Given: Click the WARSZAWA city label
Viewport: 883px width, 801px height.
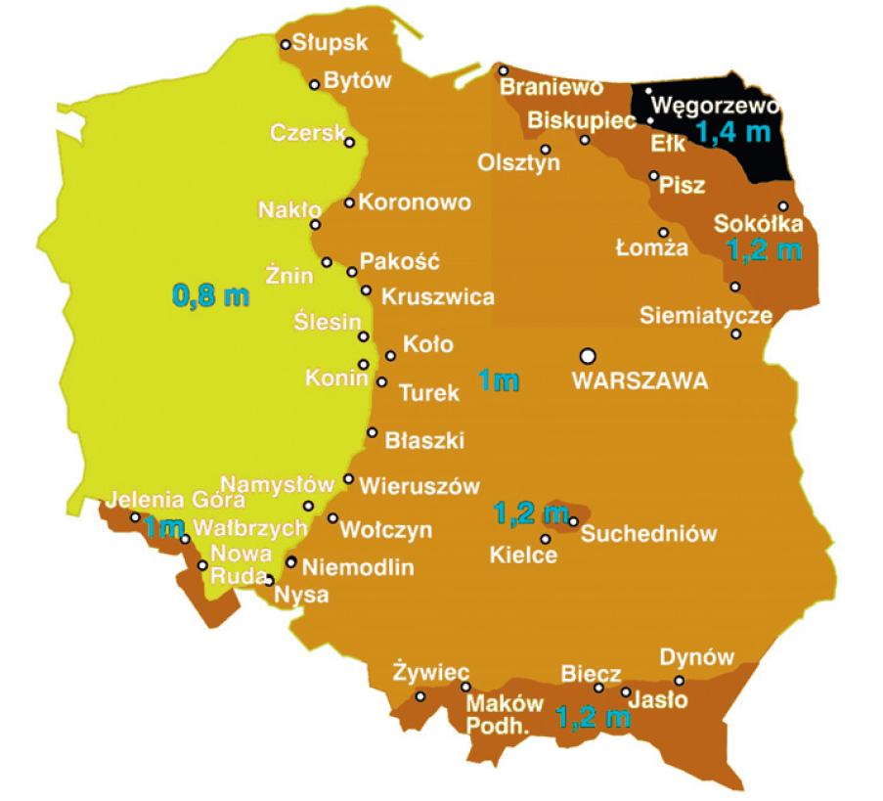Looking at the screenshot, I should [x=640, y=382].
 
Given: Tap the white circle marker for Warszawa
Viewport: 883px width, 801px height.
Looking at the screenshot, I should [x=588, y=355].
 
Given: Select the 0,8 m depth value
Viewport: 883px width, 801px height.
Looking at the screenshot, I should [x=210, y=294].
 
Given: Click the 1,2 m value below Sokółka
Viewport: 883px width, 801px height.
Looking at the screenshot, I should [x=764, y=249].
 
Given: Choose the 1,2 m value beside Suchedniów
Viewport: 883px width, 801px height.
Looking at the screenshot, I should [x=530, y=512].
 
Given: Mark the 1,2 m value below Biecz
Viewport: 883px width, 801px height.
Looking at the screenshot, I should [x=593, y=718].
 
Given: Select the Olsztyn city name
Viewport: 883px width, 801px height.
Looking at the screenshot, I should [x=518, y=162].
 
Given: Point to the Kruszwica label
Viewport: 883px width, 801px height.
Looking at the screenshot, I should [x=437, y=296].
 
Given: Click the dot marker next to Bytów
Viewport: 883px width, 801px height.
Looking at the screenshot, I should [x=315, y=85].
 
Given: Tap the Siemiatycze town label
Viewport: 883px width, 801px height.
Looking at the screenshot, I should [x=705, y=316].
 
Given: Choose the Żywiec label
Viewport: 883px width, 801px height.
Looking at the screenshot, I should [x=430, y=673].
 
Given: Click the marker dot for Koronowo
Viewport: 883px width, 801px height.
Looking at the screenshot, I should [x=349, y=202].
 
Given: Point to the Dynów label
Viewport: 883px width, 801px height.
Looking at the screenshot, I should [x=696, y=657].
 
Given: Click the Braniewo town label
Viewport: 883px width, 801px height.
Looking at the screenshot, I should [x=552, y=88].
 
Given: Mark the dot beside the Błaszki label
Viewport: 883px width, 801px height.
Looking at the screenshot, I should [x=372, y=432].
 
